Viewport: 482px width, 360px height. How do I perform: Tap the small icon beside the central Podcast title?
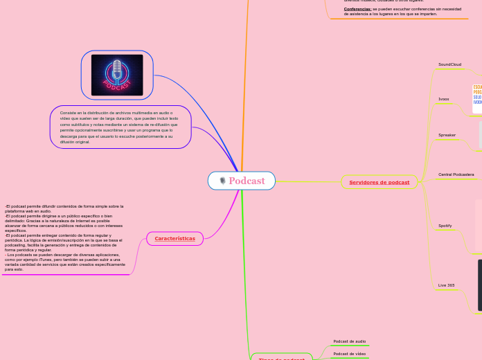222,181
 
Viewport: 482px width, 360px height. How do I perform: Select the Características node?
175,238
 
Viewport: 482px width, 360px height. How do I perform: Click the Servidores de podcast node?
379,182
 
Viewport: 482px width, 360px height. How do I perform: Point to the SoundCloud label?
449,64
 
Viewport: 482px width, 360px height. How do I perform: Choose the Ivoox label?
444,99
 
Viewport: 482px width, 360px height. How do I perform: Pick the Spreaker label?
447,135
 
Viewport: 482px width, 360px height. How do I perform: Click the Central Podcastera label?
456,174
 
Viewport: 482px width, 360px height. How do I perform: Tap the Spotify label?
445,226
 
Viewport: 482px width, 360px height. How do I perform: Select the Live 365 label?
446,285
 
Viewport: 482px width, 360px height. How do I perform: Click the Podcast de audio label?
349,341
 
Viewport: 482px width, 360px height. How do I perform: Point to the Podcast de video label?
349,354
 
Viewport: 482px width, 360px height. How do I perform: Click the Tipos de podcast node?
281,359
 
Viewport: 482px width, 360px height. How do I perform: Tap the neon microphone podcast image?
117,75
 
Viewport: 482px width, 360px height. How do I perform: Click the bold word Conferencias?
357,9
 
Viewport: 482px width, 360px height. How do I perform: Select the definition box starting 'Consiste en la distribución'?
120,127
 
